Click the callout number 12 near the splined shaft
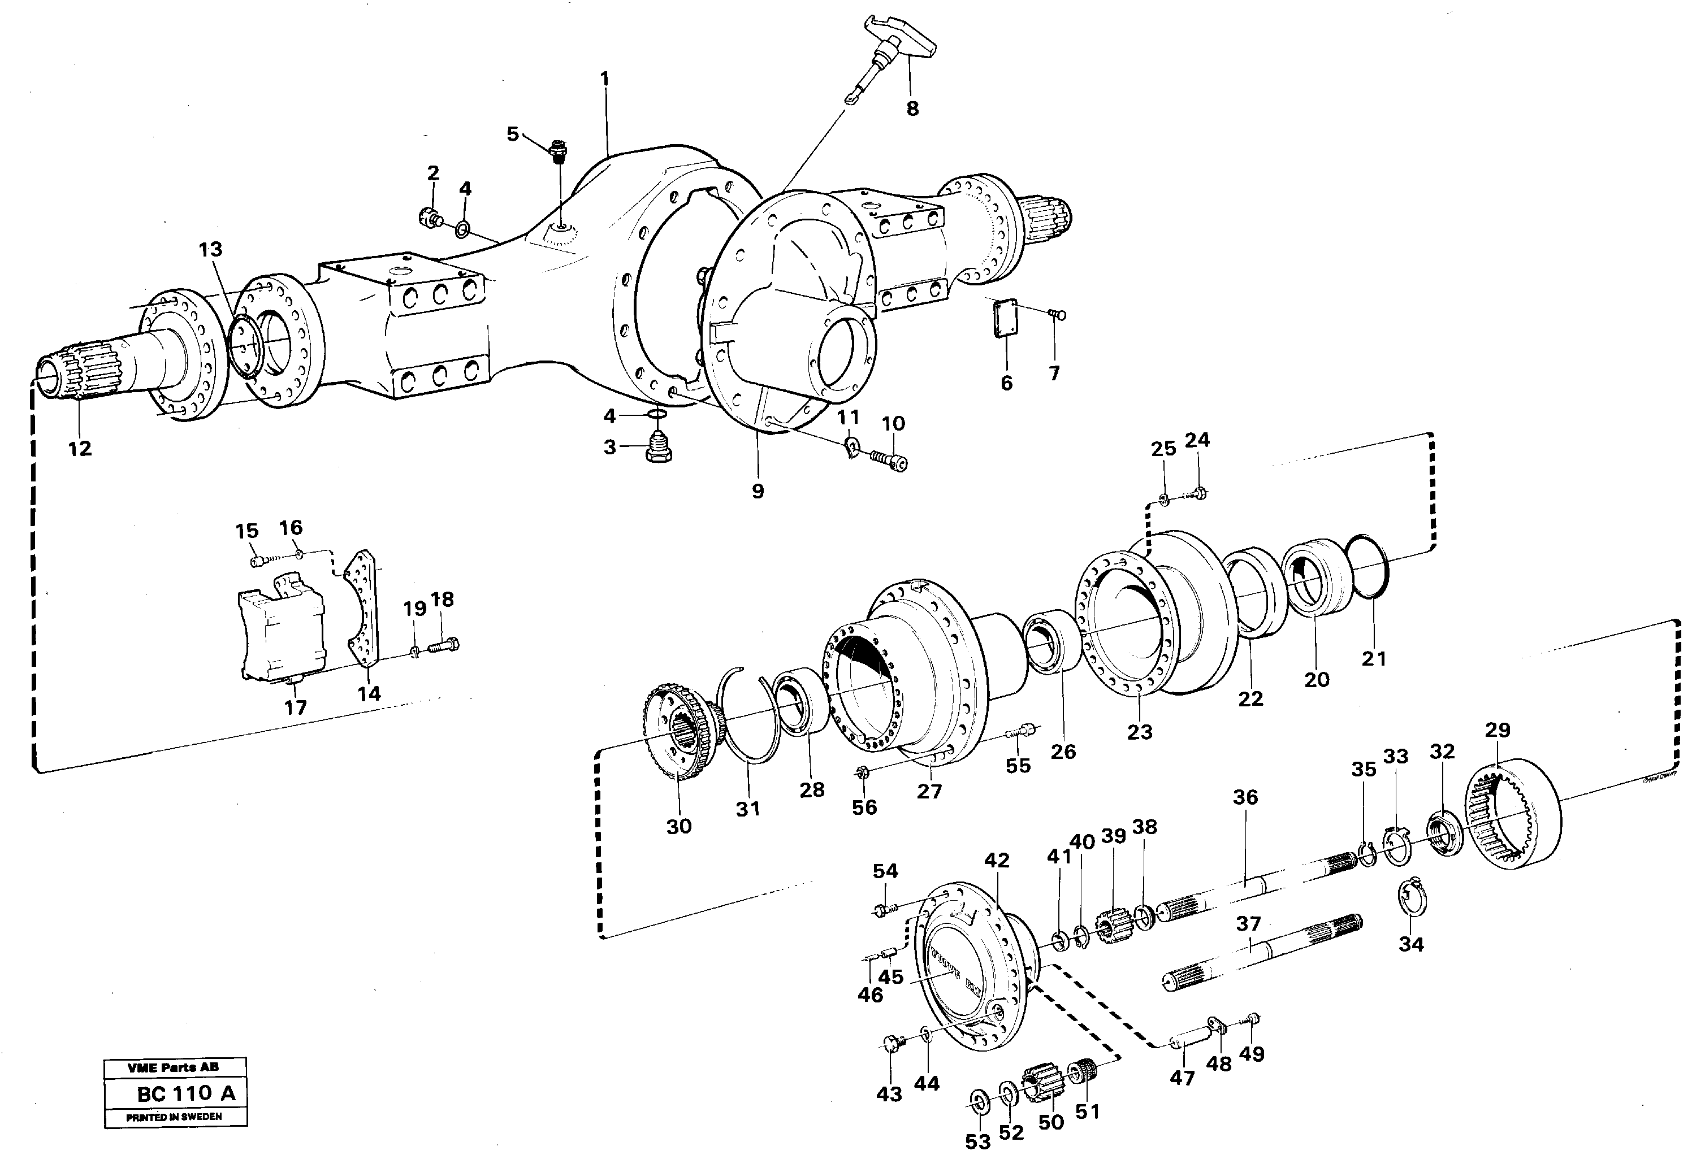click(x=80, y=449)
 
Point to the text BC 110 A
click(x=186, y=1093)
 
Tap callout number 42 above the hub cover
click(x=997, y=861)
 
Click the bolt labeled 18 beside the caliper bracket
click(x=444, y=646)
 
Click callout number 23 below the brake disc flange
click(x=1139, y=732)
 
